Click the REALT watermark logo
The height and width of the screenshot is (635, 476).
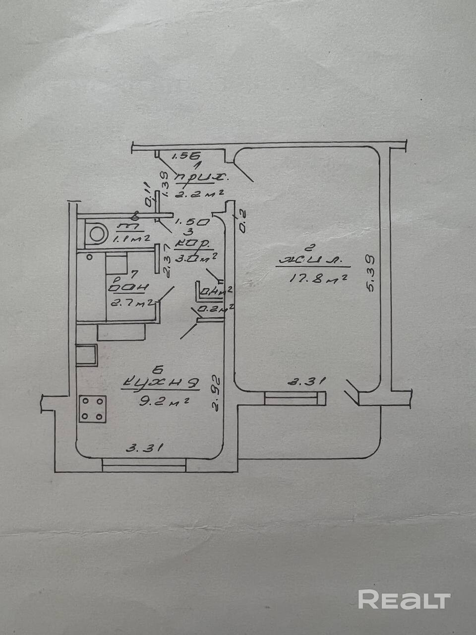click(x=404, y=599)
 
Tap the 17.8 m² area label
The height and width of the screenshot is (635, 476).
click(x=317, y=279)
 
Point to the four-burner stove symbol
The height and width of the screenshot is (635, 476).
click(x=93, y=408)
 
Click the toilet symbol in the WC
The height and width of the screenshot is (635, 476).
click(x=96, y=234)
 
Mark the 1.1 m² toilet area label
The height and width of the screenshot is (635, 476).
click(x=130, y=239)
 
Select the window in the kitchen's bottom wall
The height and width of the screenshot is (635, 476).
click(x=144, y=465)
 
